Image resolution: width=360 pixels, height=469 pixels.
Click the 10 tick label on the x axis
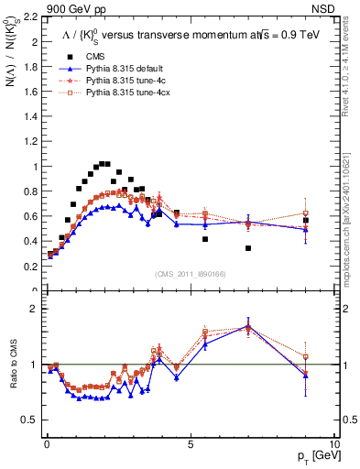pyautogui.click(x=333, y=442)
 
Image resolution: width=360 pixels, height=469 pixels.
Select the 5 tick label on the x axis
pyautogui.click(x=190, y=442)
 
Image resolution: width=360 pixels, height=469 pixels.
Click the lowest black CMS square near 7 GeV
pyautogui.click(x=248, y=248)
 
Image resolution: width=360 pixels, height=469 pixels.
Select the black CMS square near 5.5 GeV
pyautogui.click(x=205, y=239)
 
